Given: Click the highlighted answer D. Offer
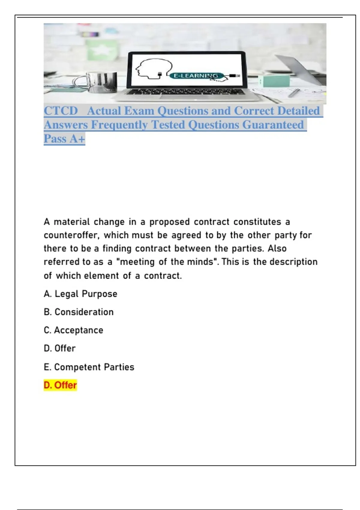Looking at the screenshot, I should tap(60, 385).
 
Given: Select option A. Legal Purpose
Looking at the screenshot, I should tap(80, 294).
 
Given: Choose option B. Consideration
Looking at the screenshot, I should tap(79, 312).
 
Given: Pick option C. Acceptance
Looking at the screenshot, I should tap(73, 330).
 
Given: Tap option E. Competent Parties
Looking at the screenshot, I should tap(89, 367).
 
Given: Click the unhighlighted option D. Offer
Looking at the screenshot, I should tap(60, 349).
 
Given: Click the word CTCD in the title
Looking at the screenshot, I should tap(61, 111).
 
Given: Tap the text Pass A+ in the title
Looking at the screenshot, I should tap(64, 139).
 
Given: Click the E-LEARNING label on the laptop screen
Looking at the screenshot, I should tap(196, 76).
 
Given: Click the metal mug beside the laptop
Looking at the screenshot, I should tap(102, 82).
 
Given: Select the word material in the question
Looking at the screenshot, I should tap(72, 222).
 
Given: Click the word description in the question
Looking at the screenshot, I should tap(293, 262).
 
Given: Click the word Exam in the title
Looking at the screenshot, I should tap(139, 111).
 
